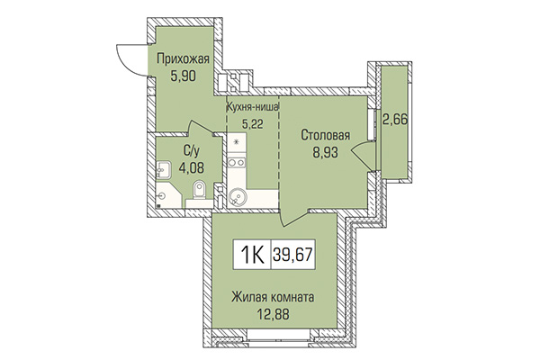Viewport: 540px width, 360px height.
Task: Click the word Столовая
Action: pos(326,136)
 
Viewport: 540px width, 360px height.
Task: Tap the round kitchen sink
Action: pos(237,193)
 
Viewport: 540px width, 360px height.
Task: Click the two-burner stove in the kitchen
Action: pos(236,163)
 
